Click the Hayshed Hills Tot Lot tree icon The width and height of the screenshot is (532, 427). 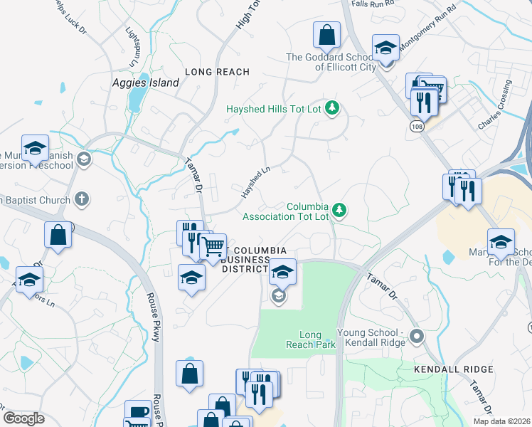tap(331, 109)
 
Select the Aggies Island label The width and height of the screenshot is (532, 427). tap(146, 83)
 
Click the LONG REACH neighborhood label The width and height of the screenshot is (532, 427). tap(217, 72)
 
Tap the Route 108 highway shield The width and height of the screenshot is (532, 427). tap(417, 125)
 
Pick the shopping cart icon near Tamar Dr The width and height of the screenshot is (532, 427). tap(213, 247)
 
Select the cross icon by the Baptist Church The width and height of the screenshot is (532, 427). tap(83, 199)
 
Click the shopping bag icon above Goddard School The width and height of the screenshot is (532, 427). tap(327, 33)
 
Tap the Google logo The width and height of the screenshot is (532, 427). tap(24, 418)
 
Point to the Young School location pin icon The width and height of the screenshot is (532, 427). tap(417, 336)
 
